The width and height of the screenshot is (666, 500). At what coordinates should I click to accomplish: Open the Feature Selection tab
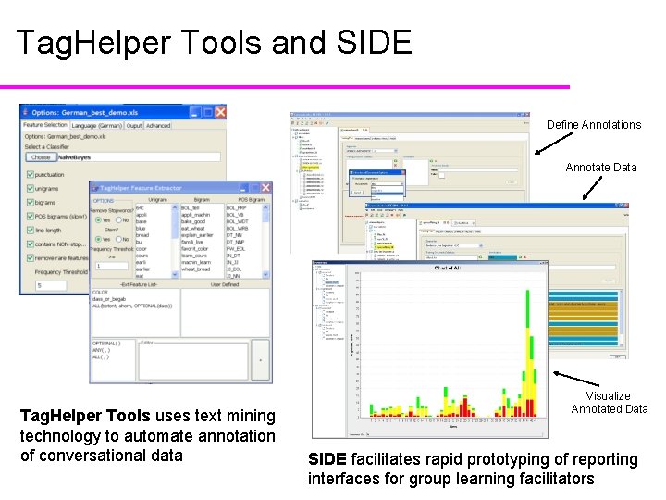(44, 126)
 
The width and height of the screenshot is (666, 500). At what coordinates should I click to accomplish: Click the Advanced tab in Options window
(158, 126)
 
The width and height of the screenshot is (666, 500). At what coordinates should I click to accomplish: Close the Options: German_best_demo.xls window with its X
(218, 112)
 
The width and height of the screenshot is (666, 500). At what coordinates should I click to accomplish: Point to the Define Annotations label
(593, 125)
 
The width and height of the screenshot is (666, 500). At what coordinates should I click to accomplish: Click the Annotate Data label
(601, 168)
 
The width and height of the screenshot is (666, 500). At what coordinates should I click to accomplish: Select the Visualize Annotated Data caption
(609, 402)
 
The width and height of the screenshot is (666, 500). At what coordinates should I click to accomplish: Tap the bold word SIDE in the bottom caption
(327, 459)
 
